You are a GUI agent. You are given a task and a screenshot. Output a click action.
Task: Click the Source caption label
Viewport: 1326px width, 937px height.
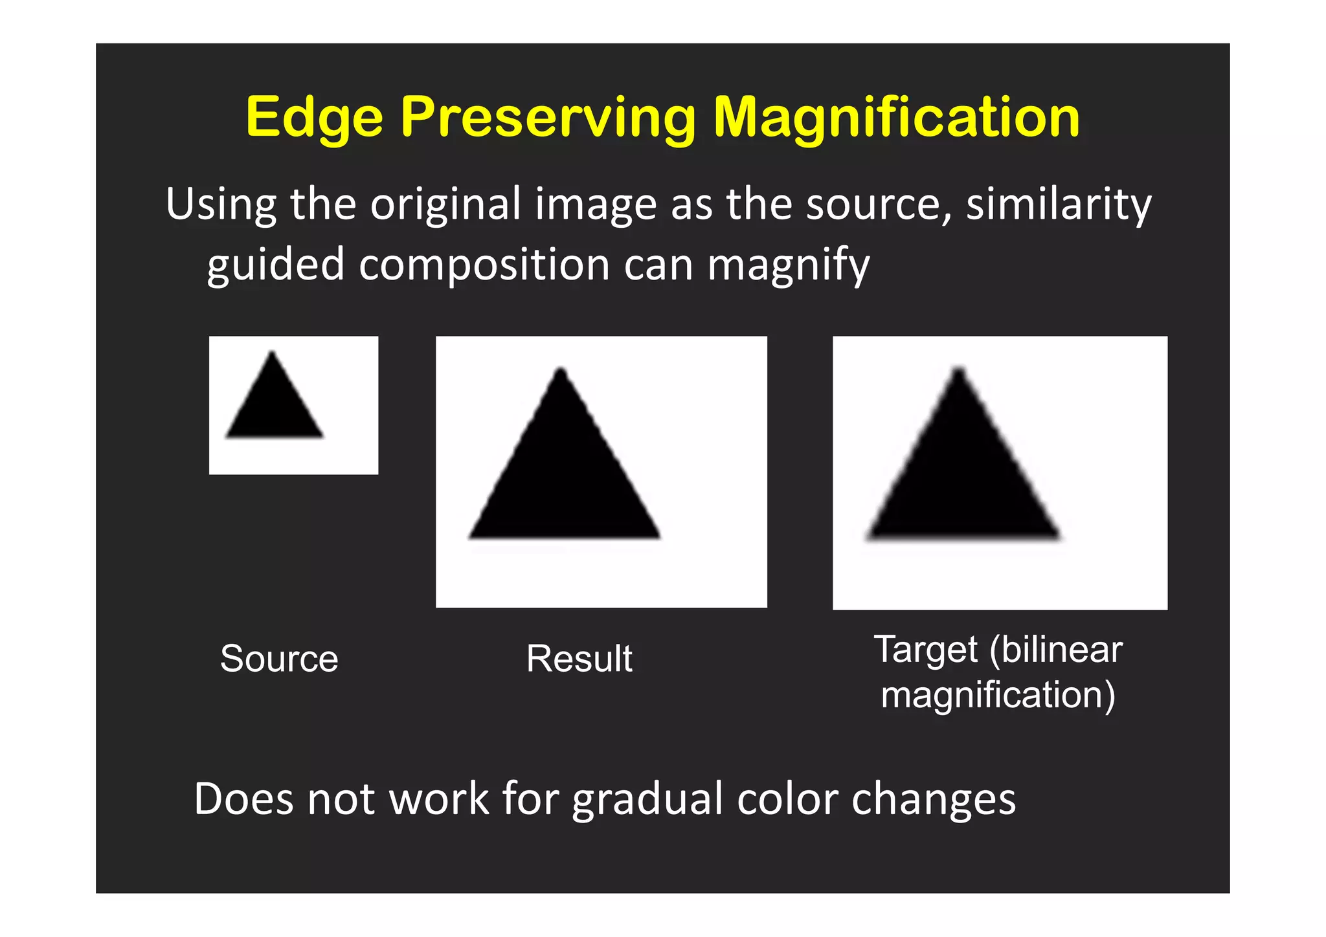pyautogui.click(x=279, y=659)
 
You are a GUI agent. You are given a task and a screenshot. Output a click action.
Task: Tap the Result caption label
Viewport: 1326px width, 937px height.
pyautogui.click(x=579, y=659)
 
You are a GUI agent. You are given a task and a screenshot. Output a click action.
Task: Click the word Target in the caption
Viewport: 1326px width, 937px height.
pyautogui.click(x=925, y=650)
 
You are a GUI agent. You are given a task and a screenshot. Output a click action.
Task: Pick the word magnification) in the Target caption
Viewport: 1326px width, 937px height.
pyautogui.click(x=998, y=695)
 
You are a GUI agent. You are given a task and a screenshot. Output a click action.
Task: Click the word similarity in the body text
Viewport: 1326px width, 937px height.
pyautogui.click(x=1059, y=204)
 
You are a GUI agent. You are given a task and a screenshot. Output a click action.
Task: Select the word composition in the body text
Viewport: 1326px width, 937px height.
pyautogui.click(x=484, y=265)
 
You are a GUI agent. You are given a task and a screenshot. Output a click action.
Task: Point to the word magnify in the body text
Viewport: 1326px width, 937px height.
pyautogui.click(x=788, y=265)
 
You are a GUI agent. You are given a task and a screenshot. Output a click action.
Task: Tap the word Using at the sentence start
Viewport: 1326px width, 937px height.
pyautogui.click(x=221, y=204)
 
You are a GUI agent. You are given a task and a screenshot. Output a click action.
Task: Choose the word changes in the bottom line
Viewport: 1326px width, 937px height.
pyautogui.click(x=933, y=800)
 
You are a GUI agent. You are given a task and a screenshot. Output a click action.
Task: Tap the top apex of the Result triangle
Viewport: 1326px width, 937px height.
pyautogui.click(x=561, y=370)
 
